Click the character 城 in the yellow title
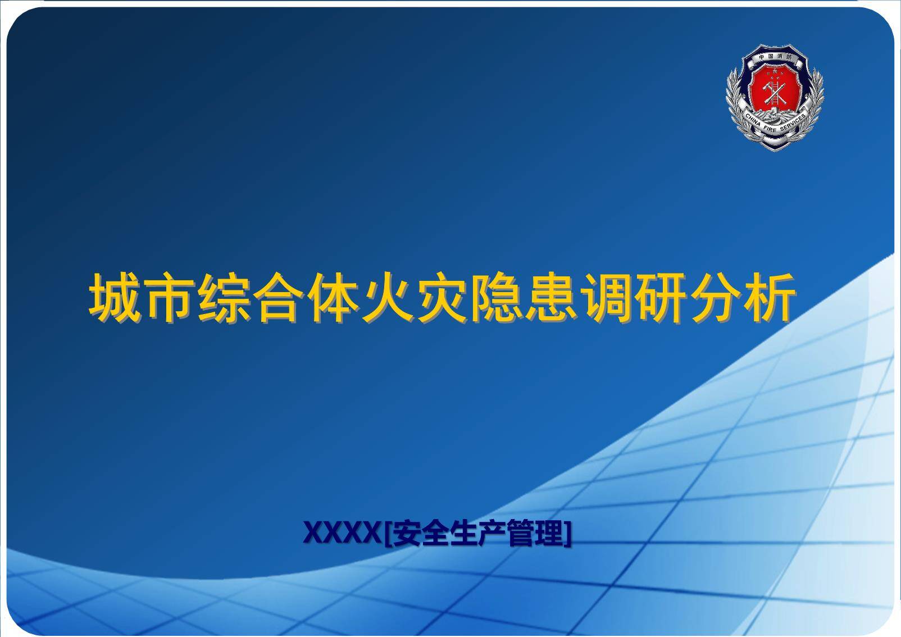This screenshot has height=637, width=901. [x=115, y=298]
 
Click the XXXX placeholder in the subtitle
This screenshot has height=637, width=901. [x=342, y=533]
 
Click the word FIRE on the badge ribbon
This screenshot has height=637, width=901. [x=770, y=130]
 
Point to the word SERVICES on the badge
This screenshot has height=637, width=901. [x=793, y=122]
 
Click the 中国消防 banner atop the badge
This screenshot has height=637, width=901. [x=775, y=57]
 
